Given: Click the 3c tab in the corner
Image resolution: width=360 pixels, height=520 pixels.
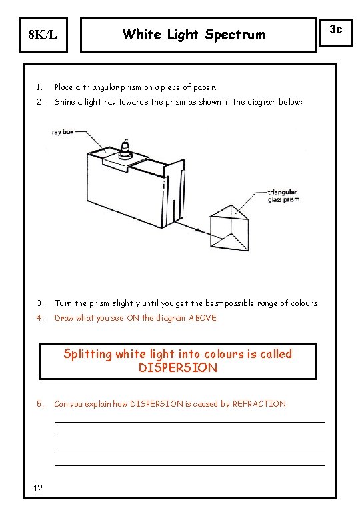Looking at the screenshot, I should point(337,29).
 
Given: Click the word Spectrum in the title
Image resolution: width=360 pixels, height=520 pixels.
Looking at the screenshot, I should point(235,34).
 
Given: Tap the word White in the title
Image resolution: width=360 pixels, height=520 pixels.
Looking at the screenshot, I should point(141,34).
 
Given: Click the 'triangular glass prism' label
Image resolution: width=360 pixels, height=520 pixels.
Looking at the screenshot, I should point(283,195).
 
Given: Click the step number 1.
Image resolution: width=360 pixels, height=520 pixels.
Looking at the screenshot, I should point(40,87).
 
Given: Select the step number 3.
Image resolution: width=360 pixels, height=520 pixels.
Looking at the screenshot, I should point(40,303).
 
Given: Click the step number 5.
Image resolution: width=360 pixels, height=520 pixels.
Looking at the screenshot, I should point(40,404).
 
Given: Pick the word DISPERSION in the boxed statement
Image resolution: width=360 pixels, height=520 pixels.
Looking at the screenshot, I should point(177,368).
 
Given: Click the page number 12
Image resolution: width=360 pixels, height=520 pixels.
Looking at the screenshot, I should point(38,489).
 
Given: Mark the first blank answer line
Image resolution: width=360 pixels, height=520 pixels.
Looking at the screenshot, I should point(189,421).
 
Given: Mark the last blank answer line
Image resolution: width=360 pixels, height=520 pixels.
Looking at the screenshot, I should point(189,465).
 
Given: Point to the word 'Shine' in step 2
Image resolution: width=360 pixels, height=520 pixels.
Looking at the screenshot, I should point(65,102).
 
